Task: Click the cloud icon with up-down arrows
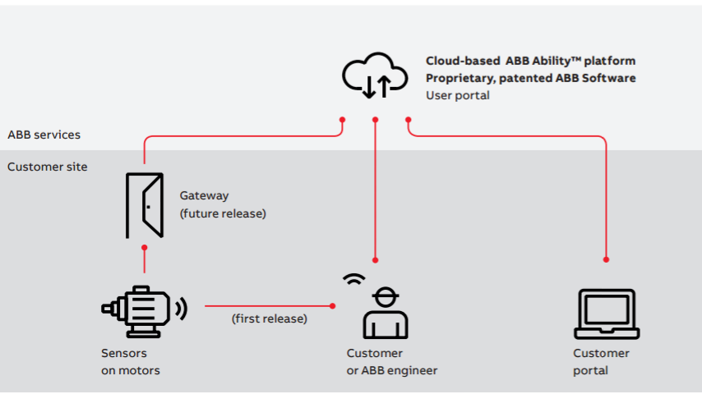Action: point(376,75)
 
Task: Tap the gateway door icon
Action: point(145,205)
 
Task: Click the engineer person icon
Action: point(386,313)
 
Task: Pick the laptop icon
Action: point(606,314)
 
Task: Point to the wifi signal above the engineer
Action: point(354,278)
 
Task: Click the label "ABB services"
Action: point(44,135)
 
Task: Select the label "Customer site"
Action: point(47,167)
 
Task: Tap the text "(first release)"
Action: point(270,318)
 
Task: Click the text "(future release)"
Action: point(224,213)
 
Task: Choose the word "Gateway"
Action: point(205,196)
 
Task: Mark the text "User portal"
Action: point(457,95)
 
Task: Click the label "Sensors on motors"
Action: point(130,362)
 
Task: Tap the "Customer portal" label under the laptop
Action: point(601,362)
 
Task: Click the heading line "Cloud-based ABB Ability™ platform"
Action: point(530,61)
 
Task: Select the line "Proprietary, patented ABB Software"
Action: point(530,78)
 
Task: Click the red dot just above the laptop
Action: point(606,259)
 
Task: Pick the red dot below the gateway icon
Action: point(145,246)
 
